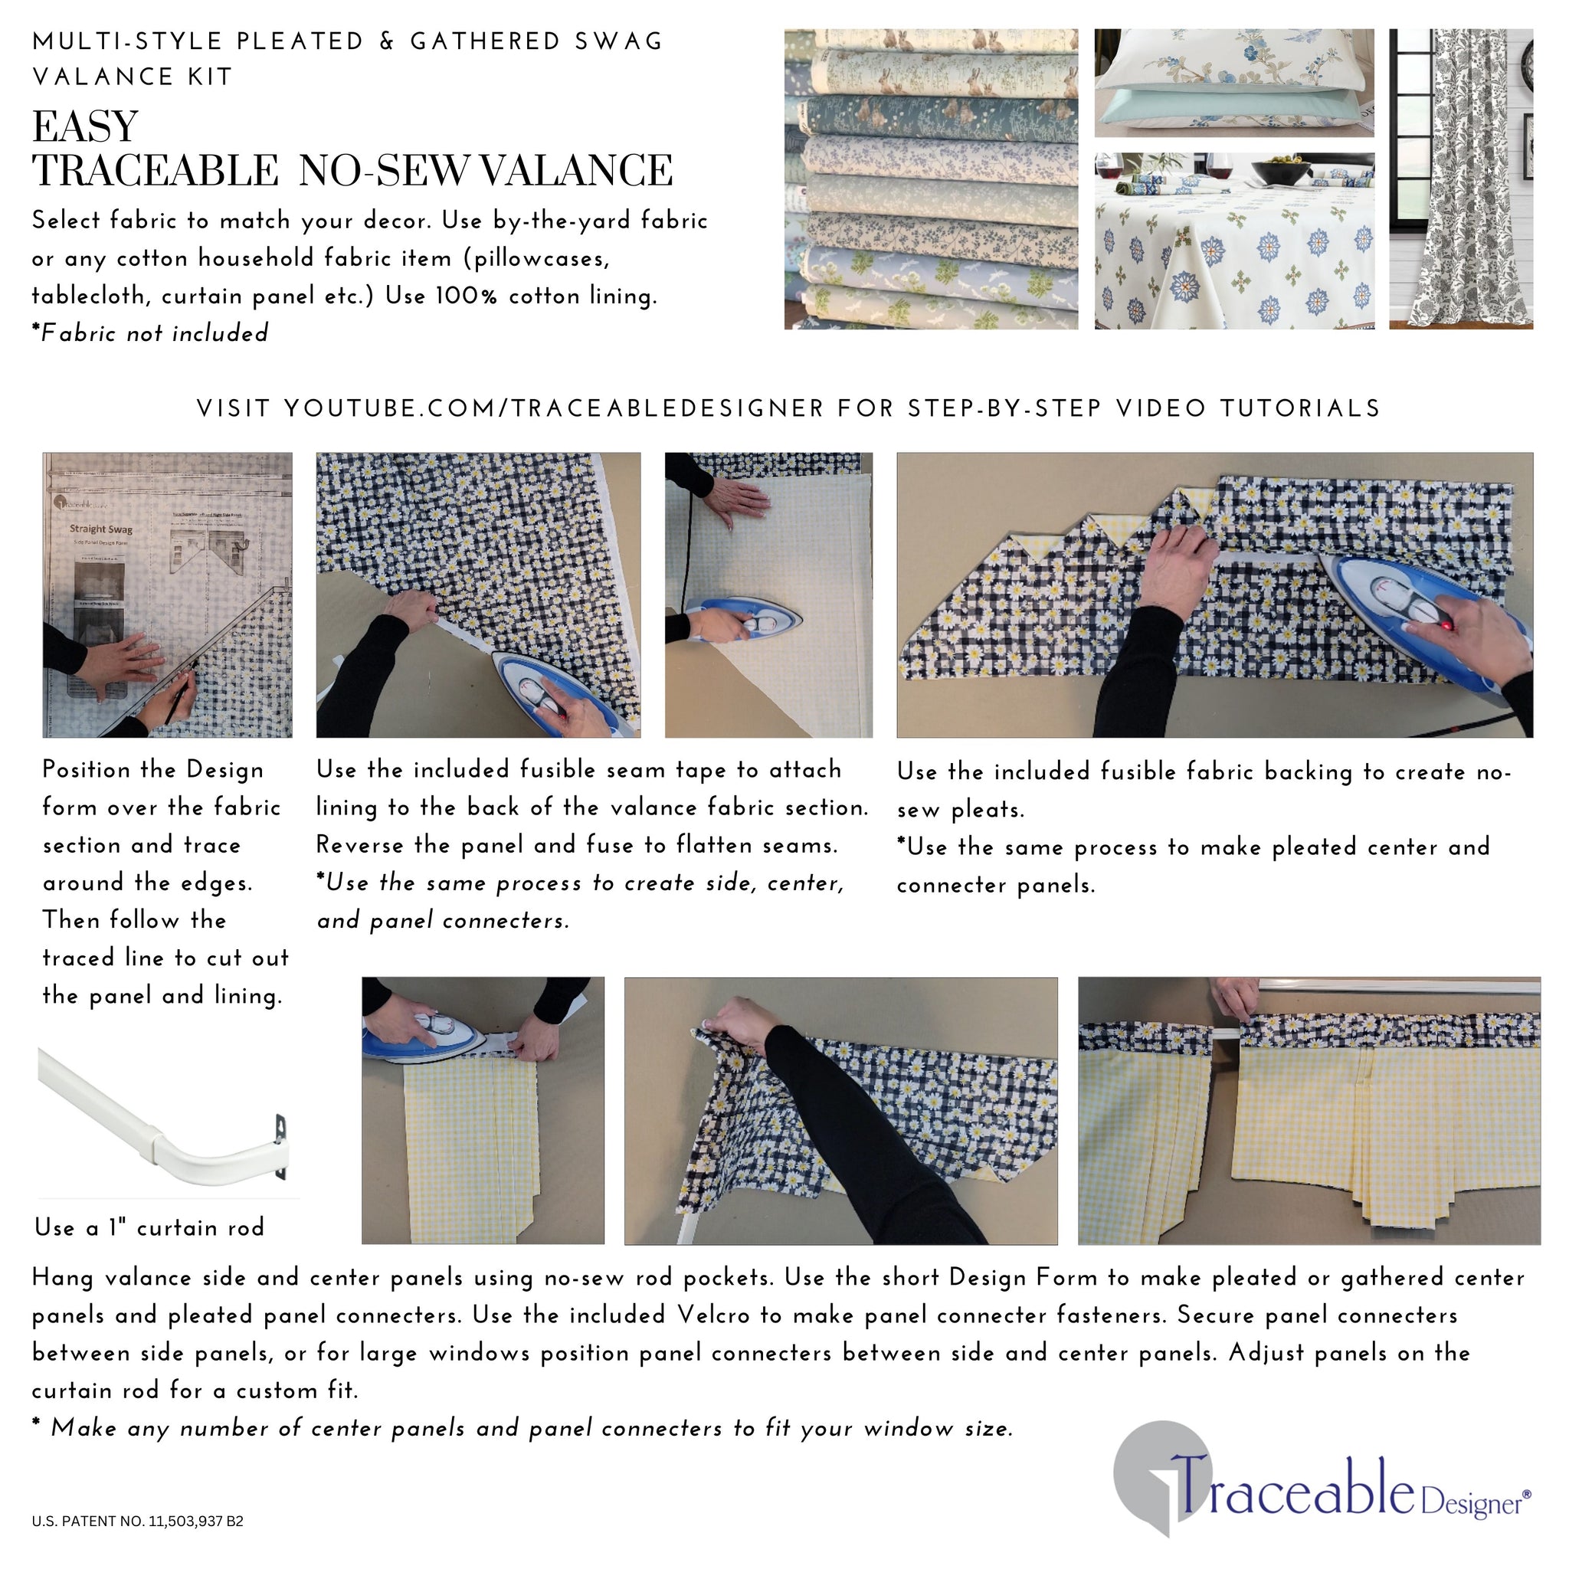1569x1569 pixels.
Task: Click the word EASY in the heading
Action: (85, 127)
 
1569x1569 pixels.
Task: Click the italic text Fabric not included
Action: (155, 334)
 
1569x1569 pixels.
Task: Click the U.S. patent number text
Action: (137, 1521)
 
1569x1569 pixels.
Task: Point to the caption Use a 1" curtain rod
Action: (150, 1227)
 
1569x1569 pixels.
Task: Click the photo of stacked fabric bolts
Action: (931, 179)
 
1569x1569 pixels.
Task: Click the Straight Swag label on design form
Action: (100, 529)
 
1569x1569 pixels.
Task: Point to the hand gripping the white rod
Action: (1236, 997)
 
